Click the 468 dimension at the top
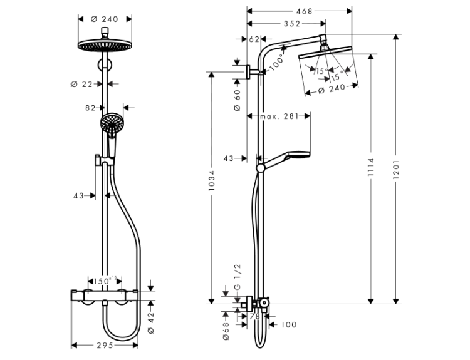tap(305, 11)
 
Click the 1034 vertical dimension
tap(212, 182)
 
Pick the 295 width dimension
tap(105, 345)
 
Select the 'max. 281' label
tap(278, 116)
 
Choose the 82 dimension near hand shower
tap(90, 108)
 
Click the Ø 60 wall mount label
tap(237, 100)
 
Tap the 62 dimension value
tap(254, 39)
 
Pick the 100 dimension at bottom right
tap(289, 324)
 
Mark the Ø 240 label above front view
tap(105, 19)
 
